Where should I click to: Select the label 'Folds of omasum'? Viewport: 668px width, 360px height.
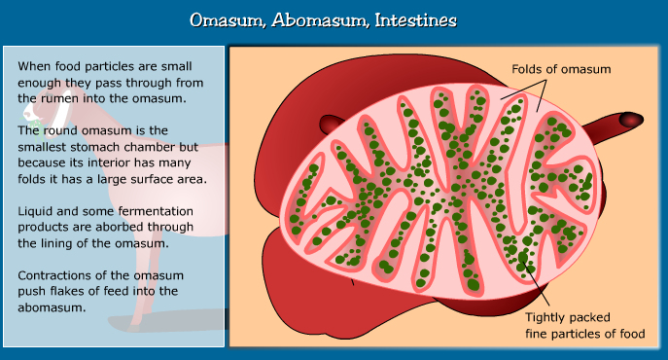[x=561, y=69]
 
